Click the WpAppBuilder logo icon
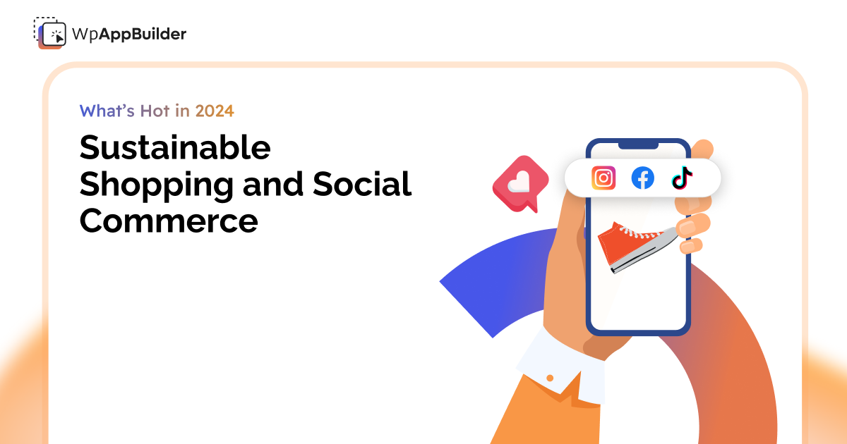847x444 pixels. (x=49, y=32)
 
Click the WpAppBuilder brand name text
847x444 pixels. (x=129, y=33)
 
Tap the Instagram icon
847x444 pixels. (x=603, y=178)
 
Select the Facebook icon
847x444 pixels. (x=642, y=178)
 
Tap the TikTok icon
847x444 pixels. (x=682, y=178)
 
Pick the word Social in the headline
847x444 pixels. (x=362, y=185)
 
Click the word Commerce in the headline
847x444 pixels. (x=169, y=221)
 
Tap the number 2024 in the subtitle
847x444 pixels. (x=215, y=111)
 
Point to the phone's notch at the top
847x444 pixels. (x=638, y=145)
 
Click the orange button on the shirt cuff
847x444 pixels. (x=550, y=378)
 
